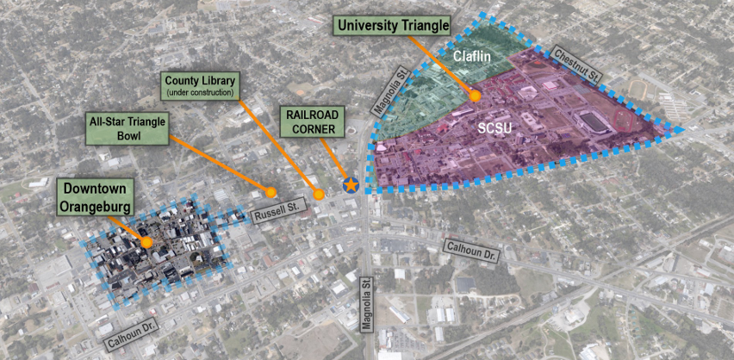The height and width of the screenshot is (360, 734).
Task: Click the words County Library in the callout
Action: pos(200,80)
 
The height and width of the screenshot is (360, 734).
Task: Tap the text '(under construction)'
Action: pos(200,92)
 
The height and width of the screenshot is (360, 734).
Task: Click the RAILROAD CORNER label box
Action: pos(313,121)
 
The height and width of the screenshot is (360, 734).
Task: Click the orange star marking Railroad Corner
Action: pos(351,184)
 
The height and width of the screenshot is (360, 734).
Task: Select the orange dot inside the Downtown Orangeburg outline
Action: pos(146,243)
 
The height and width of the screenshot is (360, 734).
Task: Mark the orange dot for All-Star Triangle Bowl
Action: pos(271,192)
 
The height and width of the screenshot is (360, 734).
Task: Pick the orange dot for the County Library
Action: pos(319,195)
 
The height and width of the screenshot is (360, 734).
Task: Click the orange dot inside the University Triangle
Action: pos(474,96)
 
